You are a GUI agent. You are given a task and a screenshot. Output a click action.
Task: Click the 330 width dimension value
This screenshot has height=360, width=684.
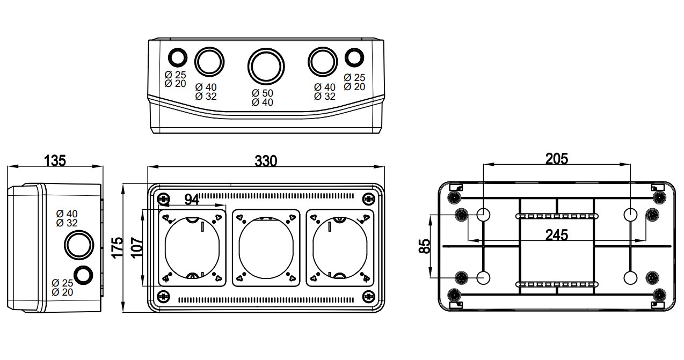[x=266, y=160]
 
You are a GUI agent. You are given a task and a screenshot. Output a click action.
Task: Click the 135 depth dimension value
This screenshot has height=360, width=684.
[x=55, y=160]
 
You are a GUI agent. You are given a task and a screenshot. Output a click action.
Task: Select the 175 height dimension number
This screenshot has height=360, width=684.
[x=118, y=248]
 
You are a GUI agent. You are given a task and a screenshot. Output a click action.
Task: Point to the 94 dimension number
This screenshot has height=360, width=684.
[x=192, y=200]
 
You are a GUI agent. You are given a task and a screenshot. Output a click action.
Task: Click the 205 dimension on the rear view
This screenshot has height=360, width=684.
[x=556, y=158]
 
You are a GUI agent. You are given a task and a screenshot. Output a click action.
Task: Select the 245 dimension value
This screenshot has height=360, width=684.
[x=557, y=234]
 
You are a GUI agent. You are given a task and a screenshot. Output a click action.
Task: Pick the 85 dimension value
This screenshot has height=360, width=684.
[x=425, y=246]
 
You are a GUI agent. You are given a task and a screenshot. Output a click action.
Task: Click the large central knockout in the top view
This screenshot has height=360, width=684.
[x=266, y=65]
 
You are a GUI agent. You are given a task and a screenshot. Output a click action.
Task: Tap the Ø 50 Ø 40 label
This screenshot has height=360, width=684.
[x=263, y=98]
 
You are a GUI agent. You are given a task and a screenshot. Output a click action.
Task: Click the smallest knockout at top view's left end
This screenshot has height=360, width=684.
[x=177, y=57]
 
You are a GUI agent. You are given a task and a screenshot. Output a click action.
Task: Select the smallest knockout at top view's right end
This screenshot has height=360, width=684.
[x=354, y=57]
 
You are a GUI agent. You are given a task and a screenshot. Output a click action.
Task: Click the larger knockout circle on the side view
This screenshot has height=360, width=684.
[x=79, y=244]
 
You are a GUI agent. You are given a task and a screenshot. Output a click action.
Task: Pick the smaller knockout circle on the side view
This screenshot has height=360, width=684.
[x=83, y=274]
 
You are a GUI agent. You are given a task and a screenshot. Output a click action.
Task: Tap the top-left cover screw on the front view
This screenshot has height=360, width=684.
[x=164, y=199]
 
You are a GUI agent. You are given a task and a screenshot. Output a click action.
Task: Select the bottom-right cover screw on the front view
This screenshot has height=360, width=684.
[x=368, y=296]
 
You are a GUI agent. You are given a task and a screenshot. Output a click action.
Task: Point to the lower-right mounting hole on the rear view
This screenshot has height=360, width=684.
[x=630, y=277]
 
